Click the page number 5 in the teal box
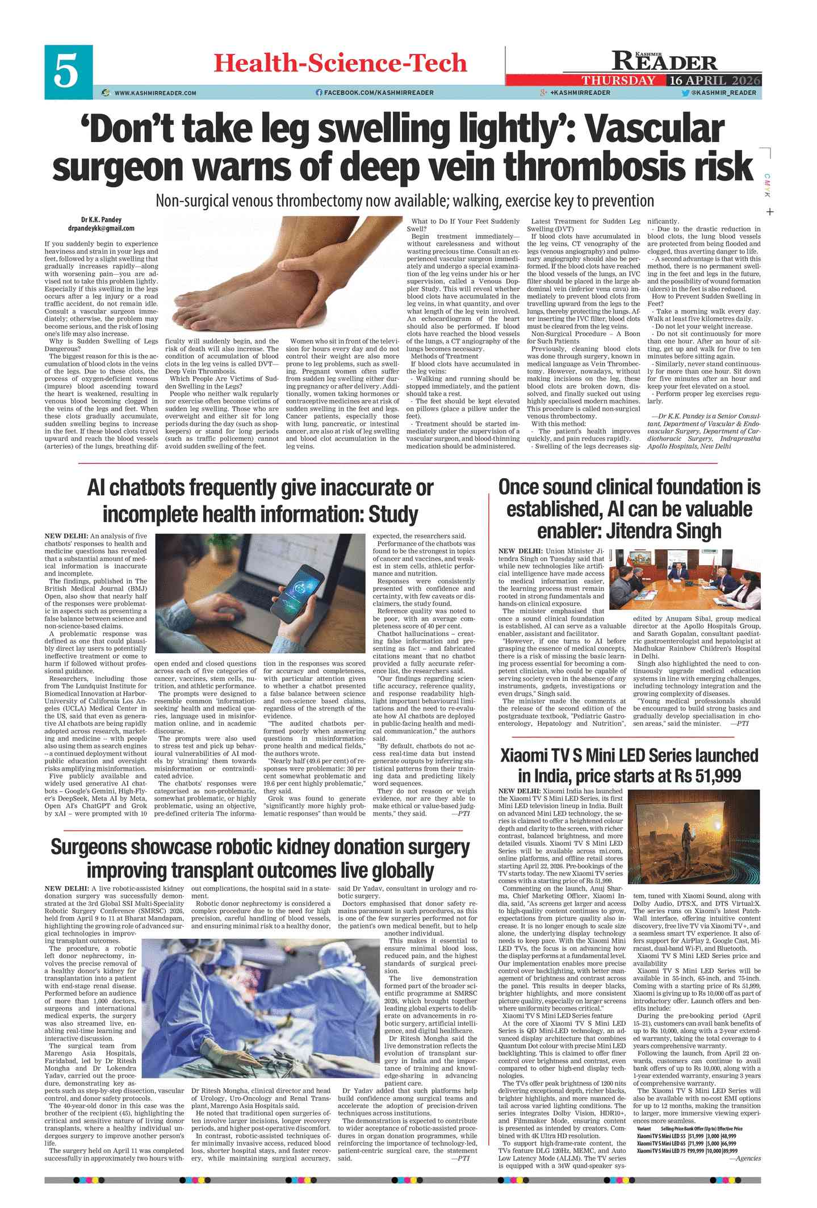point(68,72)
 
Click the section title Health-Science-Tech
point(340,62)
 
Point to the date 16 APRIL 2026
point(714,80)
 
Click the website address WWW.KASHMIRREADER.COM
point(155,93)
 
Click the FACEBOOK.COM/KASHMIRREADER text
point(378,93)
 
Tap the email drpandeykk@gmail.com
point(101,228)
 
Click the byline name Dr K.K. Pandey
point(101,220)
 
